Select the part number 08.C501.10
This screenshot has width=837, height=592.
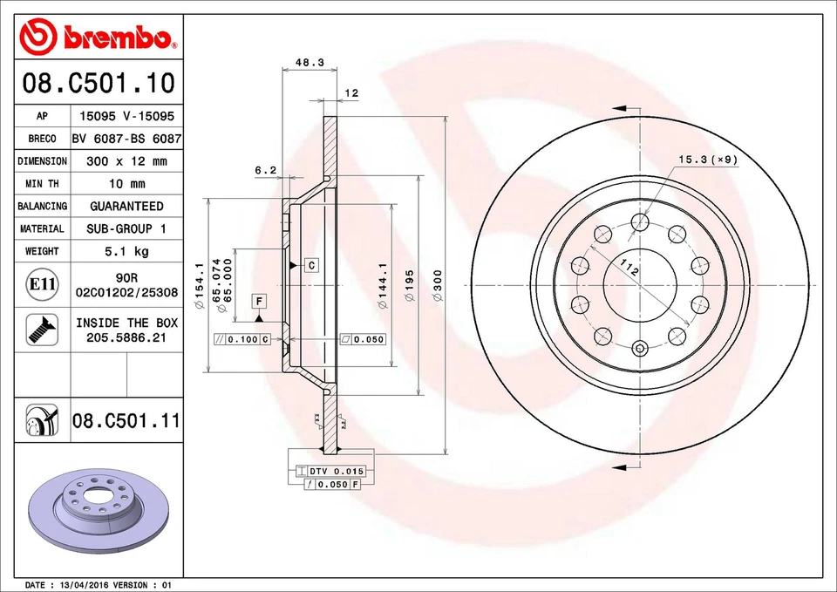point(98,85)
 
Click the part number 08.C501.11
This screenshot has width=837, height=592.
point(126,421)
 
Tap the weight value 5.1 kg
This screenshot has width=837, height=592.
point(126,251)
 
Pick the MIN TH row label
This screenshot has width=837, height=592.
point(42,184)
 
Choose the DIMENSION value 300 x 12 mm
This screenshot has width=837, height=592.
point(126,161)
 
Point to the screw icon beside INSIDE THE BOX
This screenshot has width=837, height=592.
point(42,329)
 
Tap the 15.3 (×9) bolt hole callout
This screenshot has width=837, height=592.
point(708,159)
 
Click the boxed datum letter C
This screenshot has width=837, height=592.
point(310,264)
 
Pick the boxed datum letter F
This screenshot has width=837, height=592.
point(259,301)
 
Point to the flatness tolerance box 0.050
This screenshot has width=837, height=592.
point(362,339)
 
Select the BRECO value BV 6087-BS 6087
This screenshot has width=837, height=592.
point(126,139)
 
